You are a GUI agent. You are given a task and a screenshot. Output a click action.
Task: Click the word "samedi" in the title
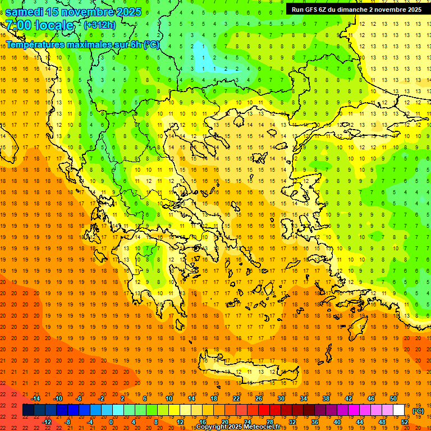[25, 12]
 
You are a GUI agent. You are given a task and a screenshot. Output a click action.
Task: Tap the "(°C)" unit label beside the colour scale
[418, 411]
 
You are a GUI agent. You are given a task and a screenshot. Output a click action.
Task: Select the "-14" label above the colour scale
[35, 398]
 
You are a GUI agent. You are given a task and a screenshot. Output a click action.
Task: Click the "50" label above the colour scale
[393, 398]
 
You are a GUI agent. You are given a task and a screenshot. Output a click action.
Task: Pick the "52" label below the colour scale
[405, 422]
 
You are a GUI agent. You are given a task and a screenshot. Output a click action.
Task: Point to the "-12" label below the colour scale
[47, 422]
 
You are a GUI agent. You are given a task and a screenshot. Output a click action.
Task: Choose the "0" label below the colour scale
[111, 422]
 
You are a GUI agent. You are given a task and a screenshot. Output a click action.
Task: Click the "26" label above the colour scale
[259, 398]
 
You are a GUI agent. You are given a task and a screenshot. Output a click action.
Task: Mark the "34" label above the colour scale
[304, 398]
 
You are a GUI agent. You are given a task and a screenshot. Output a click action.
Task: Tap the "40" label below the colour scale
[337, 422]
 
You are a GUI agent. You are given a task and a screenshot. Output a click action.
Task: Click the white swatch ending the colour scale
[399, 410]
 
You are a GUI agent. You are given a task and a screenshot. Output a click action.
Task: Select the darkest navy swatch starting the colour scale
[28, 410]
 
